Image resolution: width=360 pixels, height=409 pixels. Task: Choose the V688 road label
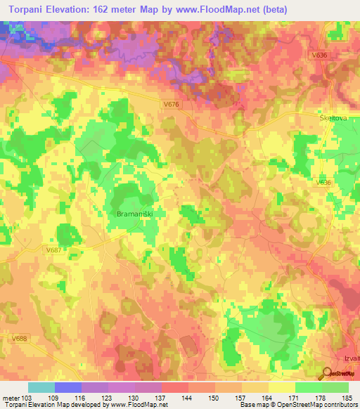19,338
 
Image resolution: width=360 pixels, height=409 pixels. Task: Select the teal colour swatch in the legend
41,387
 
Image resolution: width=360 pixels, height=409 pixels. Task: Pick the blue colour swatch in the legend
68,387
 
